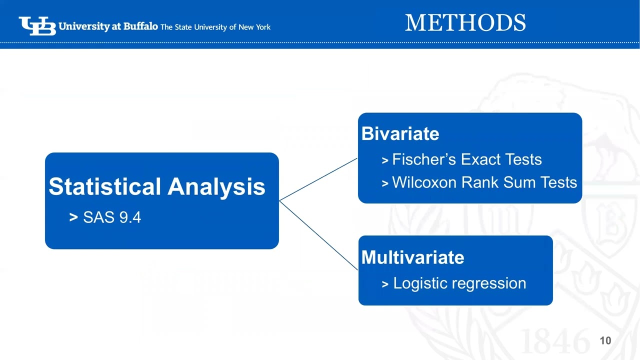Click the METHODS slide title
tap(465, 22)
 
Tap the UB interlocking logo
tap(37, 26)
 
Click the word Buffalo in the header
tap(140, 26)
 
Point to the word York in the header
tap(263, 27)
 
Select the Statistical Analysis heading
tap(157, 186)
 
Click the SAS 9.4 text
tap(112, 217)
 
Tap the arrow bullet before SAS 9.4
tap(73, 217)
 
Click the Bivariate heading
tap(400, 133)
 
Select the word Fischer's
tap(424, 159)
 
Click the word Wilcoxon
tap(424, 182)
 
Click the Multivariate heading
tap(413, 257)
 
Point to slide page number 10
tap(605, 340)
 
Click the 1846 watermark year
tap(555, 341)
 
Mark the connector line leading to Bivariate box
tap(318, 179)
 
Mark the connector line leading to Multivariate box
tap(318, 235)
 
